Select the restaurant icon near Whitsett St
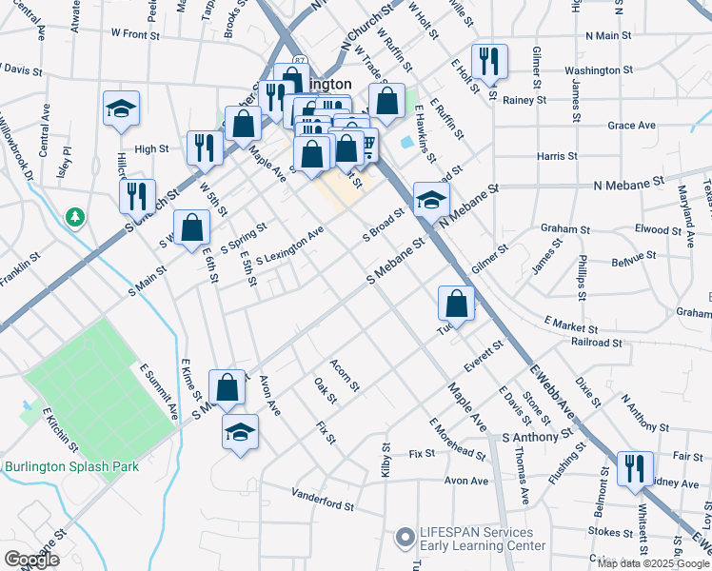tap(629, 469)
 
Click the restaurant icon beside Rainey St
tap(489, 62)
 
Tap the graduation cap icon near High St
tap(122, 109)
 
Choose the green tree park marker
tap(74, 218)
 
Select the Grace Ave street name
tap(632, 126)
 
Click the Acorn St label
tap(344, 375)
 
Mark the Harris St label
tap(557, 155)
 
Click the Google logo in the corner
tap(31, 560)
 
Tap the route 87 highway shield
tap(301, 61)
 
